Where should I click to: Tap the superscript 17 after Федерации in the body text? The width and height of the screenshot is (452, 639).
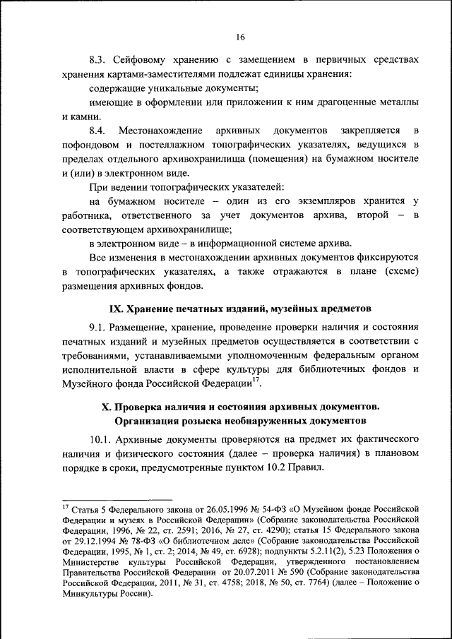(x=256, y=381)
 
